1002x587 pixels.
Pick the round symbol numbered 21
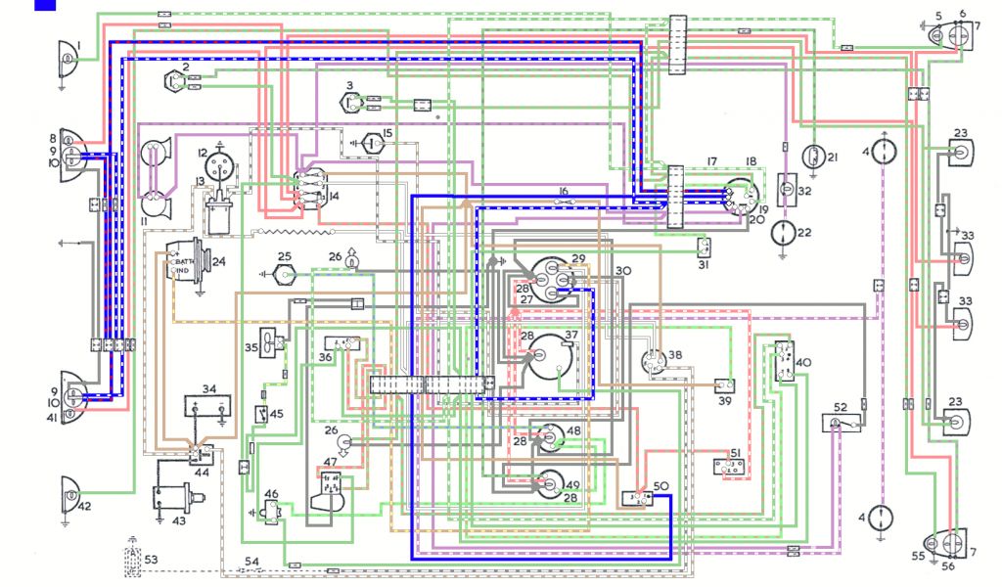click(x=811, y=157)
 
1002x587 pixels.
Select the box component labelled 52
click(x=840, y=422)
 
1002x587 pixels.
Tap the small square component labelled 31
click(x=705, y=246)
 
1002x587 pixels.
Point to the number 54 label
click(x=252, y=561)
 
